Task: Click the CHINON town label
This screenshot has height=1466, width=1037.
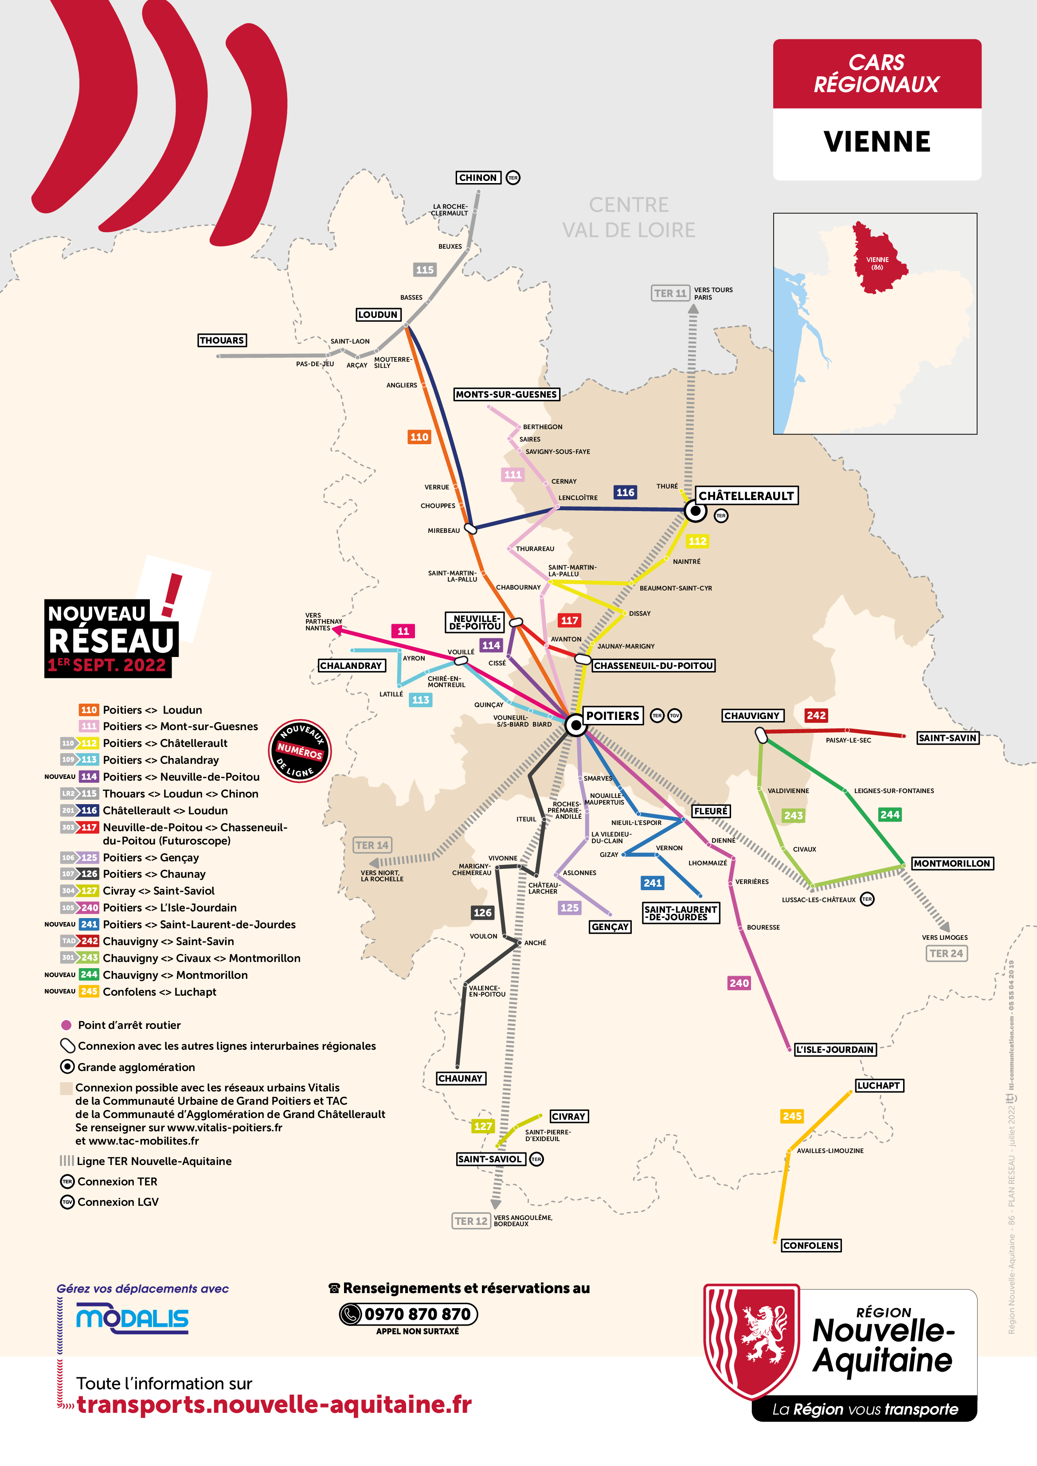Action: tap(477, 177)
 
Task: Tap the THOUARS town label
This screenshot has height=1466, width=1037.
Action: tap(222, 340)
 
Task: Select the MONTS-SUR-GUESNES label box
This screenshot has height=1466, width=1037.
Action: tap(506, 395)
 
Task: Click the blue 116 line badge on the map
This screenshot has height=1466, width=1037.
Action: tap(625, 492)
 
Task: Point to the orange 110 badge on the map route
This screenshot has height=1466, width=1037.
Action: tap(419, 437)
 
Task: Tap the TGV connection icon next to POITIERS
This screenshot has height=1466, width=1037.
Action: tap(674, 716)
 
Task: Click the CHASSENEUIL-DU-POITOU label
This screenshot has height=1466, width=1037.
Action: tap(653, 665)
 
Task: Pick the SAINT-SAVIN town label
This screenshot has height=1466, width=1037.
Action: tap(947, 738)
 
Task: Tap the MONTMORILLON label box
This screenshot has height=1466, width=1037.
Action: tap(952, 863)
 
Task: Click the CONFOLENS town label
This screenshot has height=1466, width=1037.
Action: tap(811, 1245)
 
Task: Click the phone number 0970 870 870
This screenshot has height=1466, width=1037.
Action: tap(417, 1314)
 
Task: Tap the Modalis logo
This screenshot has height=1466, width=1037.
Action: tap(132, 1319)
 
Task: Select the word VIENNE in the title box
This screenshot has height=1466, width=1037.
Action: tap(877, 142)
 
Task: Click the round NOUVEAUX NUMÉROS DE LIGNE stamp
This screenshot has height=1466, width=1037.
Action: tap(299, 751)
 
